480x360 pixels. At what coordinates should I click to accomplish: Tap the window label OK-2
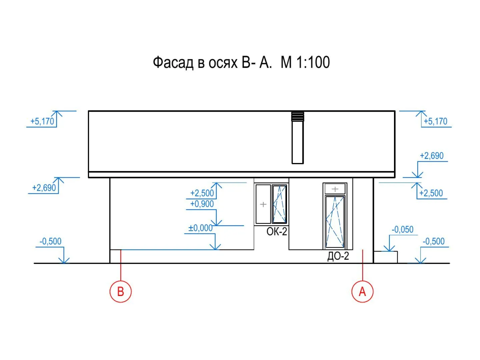pyautogui.click(x=277, y=231)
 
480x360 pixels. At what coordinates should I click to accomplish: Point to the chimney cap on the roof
pyautogui.click(x=298, y=116)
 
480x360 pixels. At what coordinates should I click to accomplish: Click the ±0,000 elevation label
pyautogui.click(x=200, y=228)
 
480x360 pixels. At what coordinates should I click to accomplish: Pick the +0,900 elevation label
pyautogui.click(x=202, y=204)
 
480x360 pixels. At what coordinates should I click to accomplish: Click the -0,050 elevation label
pyautogui.click(x=403, y=230)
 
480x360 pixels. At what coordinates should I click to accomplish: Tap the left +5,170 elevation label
pyautogui.click(x=42, y=121)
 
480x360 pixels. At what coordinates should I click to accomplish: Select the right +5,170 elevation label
pyautogui.click(x=436, y=121)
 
